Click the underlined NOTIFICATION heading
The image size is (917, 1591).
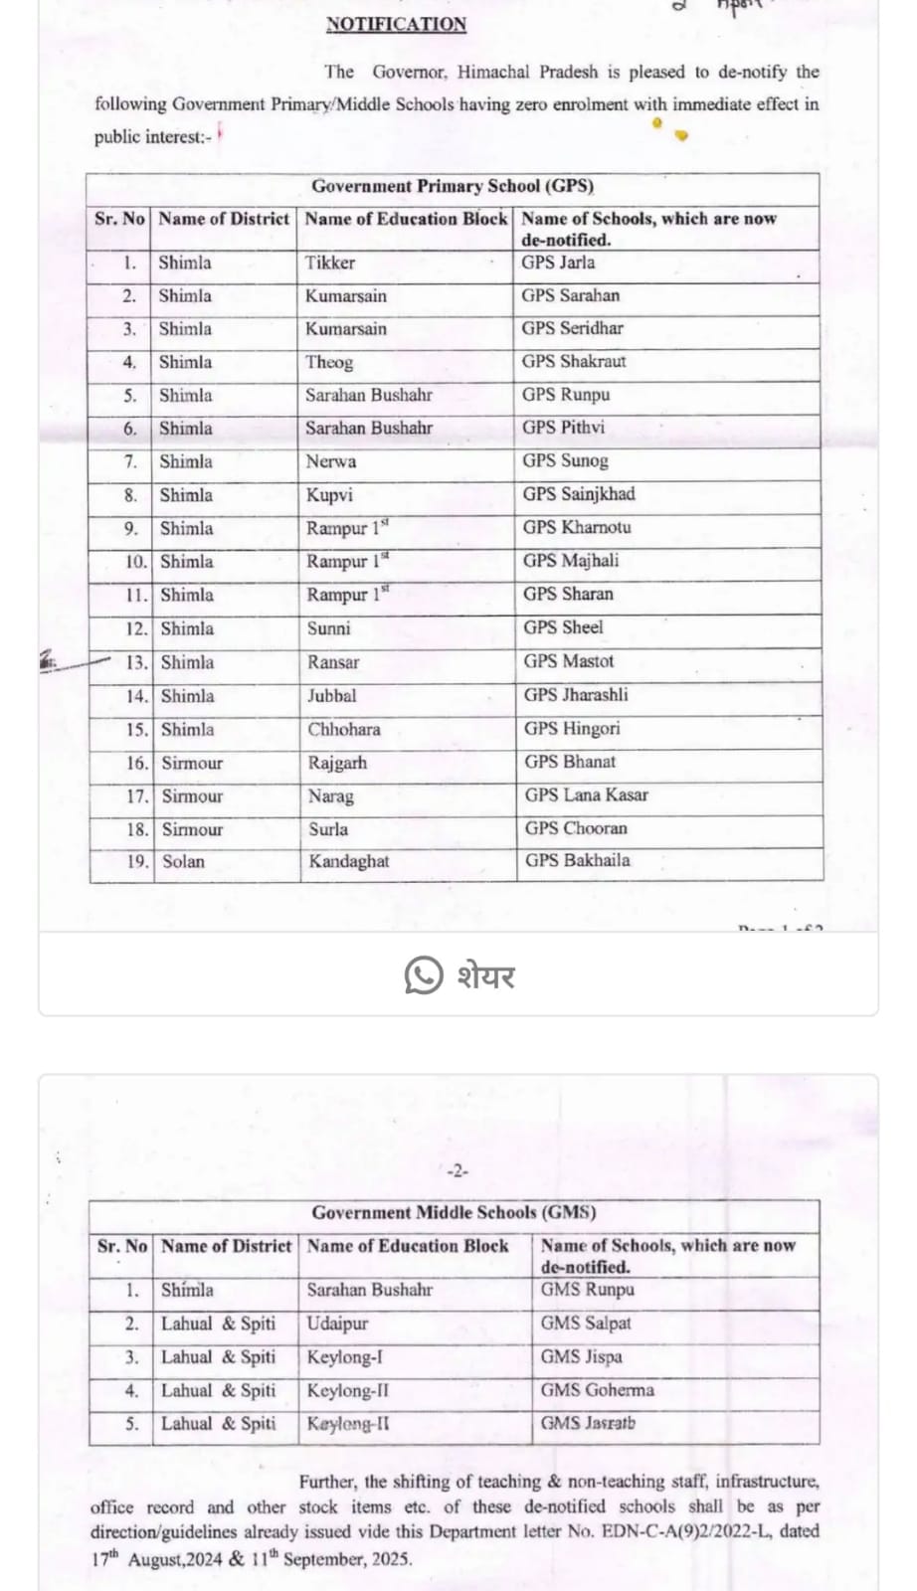(396, 25)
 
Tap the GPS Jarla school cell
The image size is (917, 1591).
(558, 263)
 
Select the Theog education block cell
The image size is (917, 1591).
(329, 362)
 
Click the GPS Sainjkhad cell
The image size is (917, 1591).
(579, 494)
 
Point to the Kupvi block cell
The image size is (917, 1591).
(329, 495)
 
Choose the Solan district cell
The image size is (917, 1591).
(183, 862)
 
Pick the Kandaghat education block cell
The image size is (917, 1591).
(349, 861)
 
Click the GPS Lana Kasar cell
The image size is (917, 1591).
(587, 795)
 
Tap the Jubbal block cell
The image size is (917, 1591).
(332, 696)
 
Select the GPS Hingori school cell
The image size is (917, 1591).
(572, 729)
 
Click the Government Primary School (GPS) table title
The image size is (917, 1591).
(453, 186)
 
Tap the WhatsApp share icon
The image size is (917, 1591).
(424, 975)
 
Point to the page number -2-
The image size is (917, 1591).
(457, 1171)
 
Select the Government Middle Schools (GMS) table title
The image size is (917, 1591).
(454, 1213)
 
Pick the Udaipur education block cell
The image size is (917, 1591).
(337, 1324)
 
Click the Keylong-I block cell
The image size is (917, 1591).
(344, 1357)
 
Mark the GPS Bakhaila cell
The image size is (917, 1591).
(578, 861)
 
